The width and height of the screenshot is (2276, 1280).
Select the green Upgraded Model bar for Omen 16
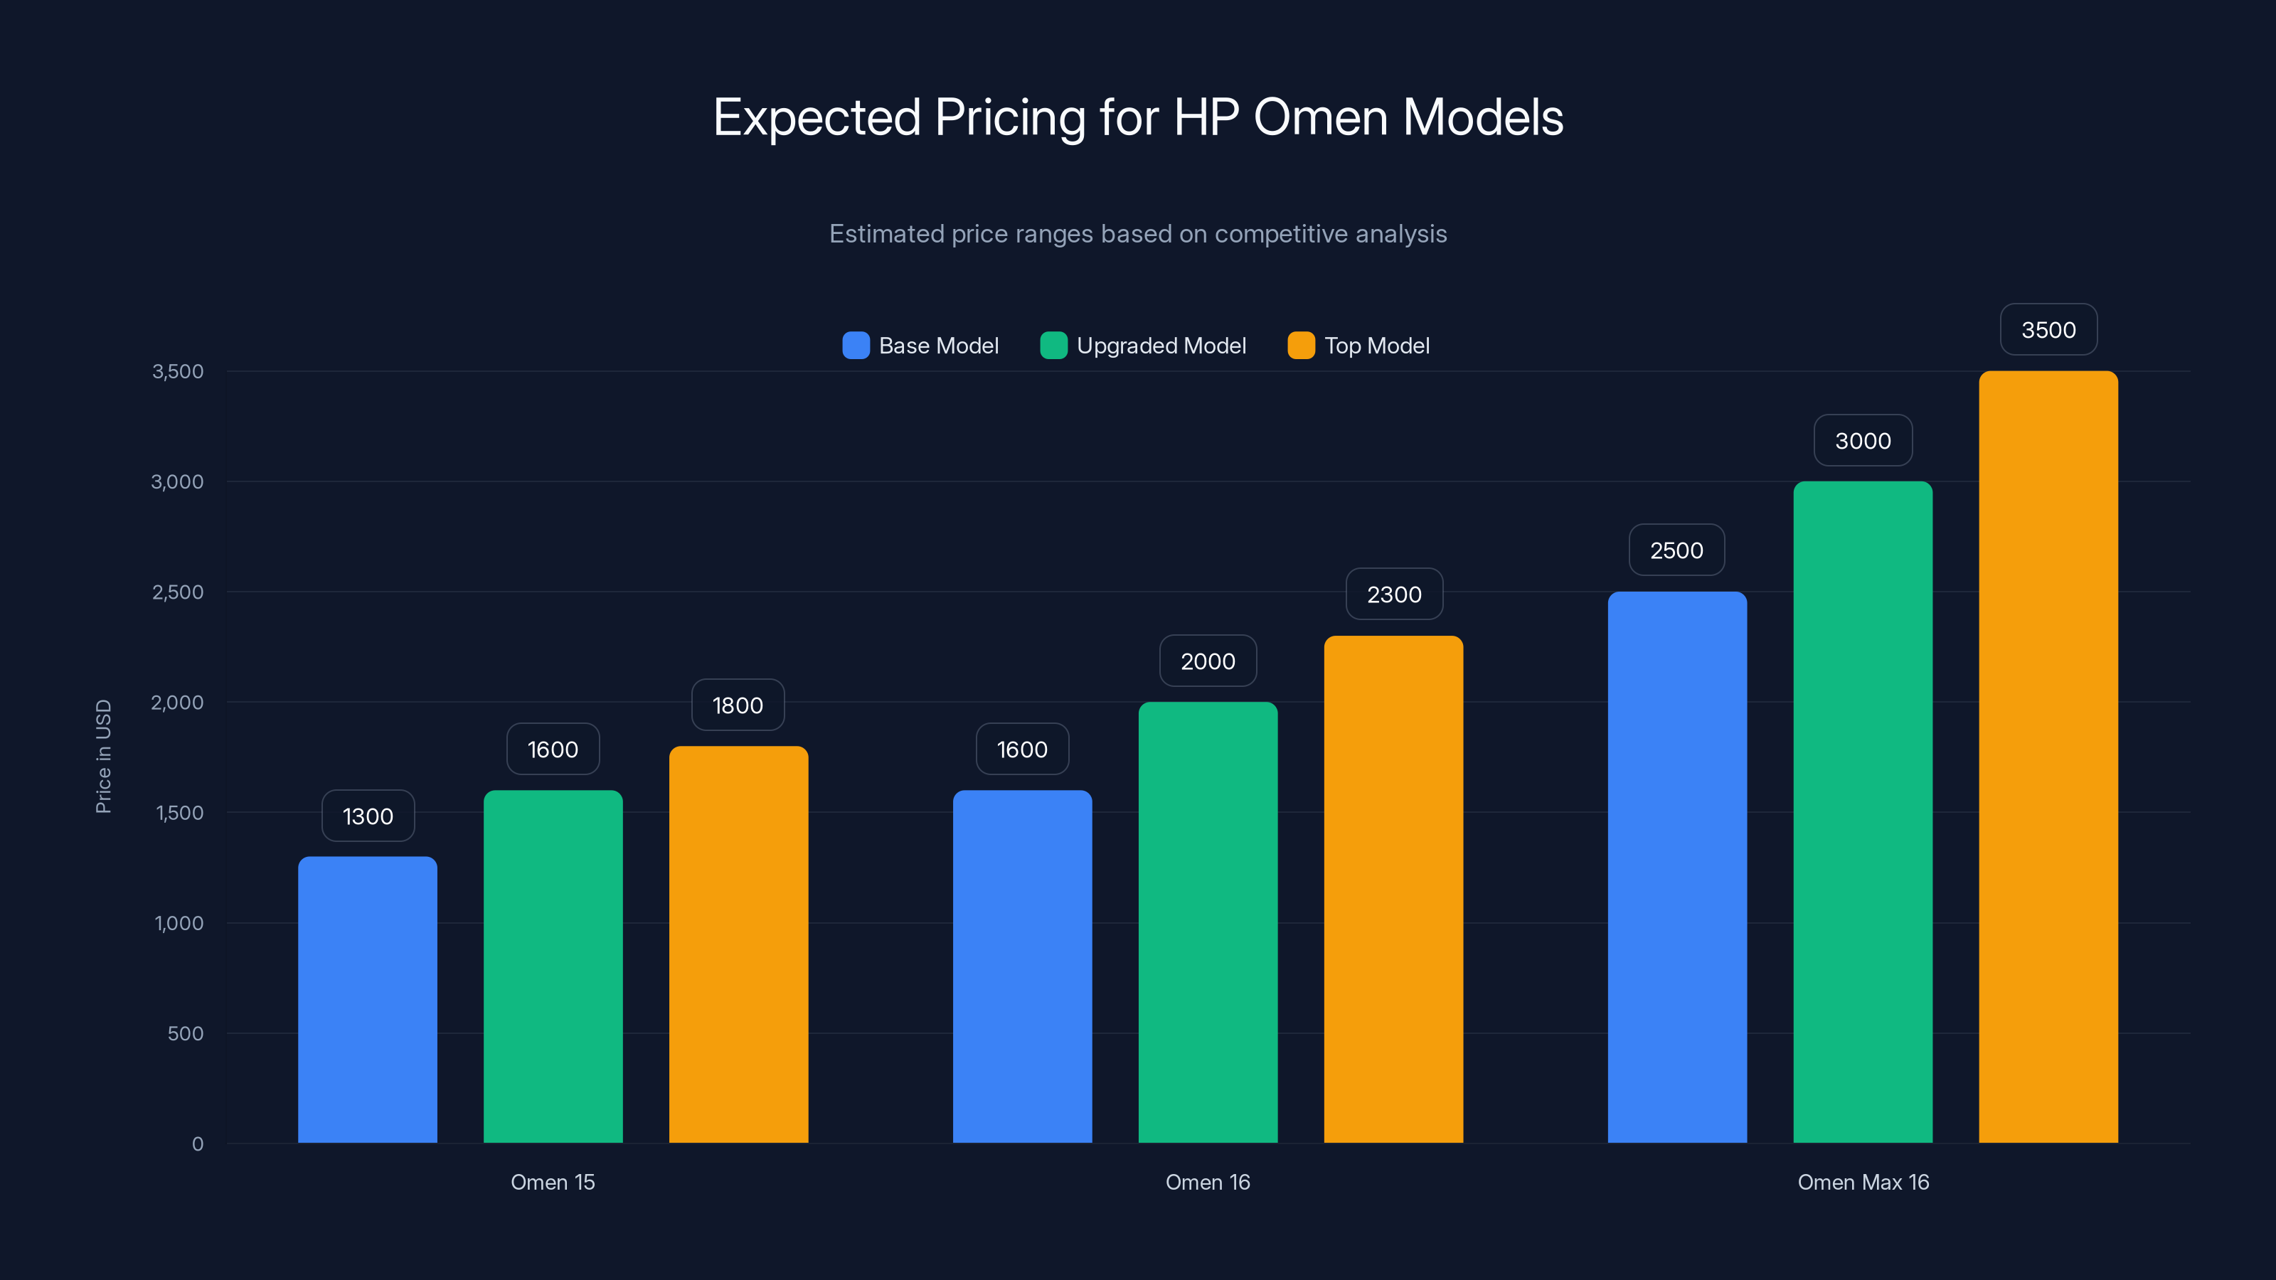(x=1208, y=922)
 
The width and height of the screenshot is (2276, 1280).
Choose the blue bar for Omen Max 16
(x=1677, y=867)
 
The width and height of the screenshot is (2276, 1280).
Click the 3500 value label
(x=2048, y=329)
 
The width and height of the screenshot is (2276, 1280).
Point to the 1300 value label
(x=368, y=816)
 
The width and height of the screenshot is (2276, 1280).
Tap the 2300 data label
(x=1394, y=594)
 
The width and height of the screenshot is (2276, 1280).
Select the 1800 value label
(x=738, y=705)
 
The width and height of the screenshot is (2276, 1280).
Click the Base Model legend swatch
(x=855, y=346)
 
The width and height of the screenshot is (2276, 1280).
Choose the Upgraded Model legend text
(x=1161, y=346)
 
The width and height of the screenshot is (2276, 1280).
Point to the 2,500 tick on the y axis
(x=178, y=592)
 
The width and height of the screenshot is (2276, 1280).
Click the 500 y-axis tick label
(x=186, y=1033)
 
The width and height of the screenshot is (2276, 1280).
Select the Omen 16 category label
(x=1208, y=1182)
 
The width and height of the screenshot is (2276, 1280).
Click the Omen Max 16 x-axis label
(x=1863, y=1182)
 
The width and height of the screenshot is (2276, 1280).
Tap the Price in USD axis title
(x=103, y=756)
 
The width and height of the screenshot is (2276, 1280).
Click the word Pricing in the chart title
(x=1010, y=118)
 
